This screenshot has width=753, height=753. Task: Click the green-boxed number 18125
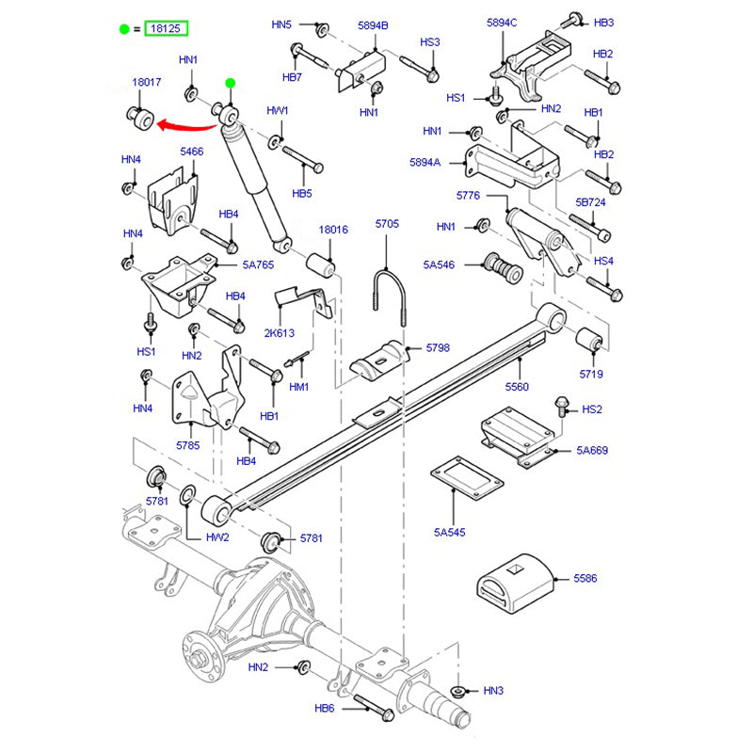pyautogui.click(x=167, y=29)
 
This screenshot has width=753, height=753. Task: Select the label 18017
pyautogui.click(x=147, y=83)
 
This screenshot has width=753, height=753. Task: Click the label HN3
pyautogui.click(x=493, y=691)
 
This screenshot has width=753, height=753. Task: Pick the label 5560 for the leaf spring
pyautogui.click(x=517, y=387)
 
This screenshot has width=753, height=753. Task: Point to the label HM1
pyautogui.click(x=299, y=386)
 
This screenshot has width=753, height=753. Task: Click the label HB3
pyautogui.click(x=603, y=22)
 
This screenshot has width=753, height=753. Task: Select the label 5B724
pyautogui.click(x=591, y=202)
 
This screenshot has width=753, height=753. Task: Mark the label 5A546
pyautogui.click(x=439, y=264)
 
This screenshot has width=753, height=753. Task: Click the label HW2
pyautogui.click(x=217, y=538)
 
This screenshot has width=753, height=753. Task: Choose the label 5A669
pyautogui.click(x=593, y=451)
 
